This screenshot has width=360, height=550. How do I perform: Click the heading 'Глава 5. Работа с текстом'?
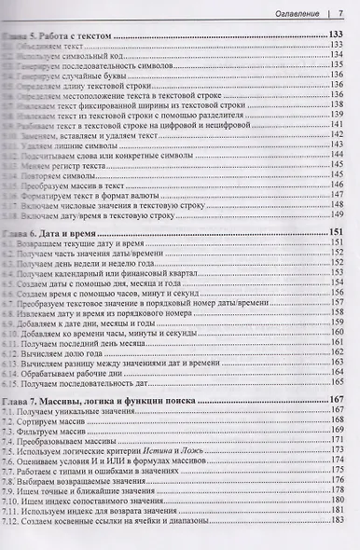click(x=70, y=34)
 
